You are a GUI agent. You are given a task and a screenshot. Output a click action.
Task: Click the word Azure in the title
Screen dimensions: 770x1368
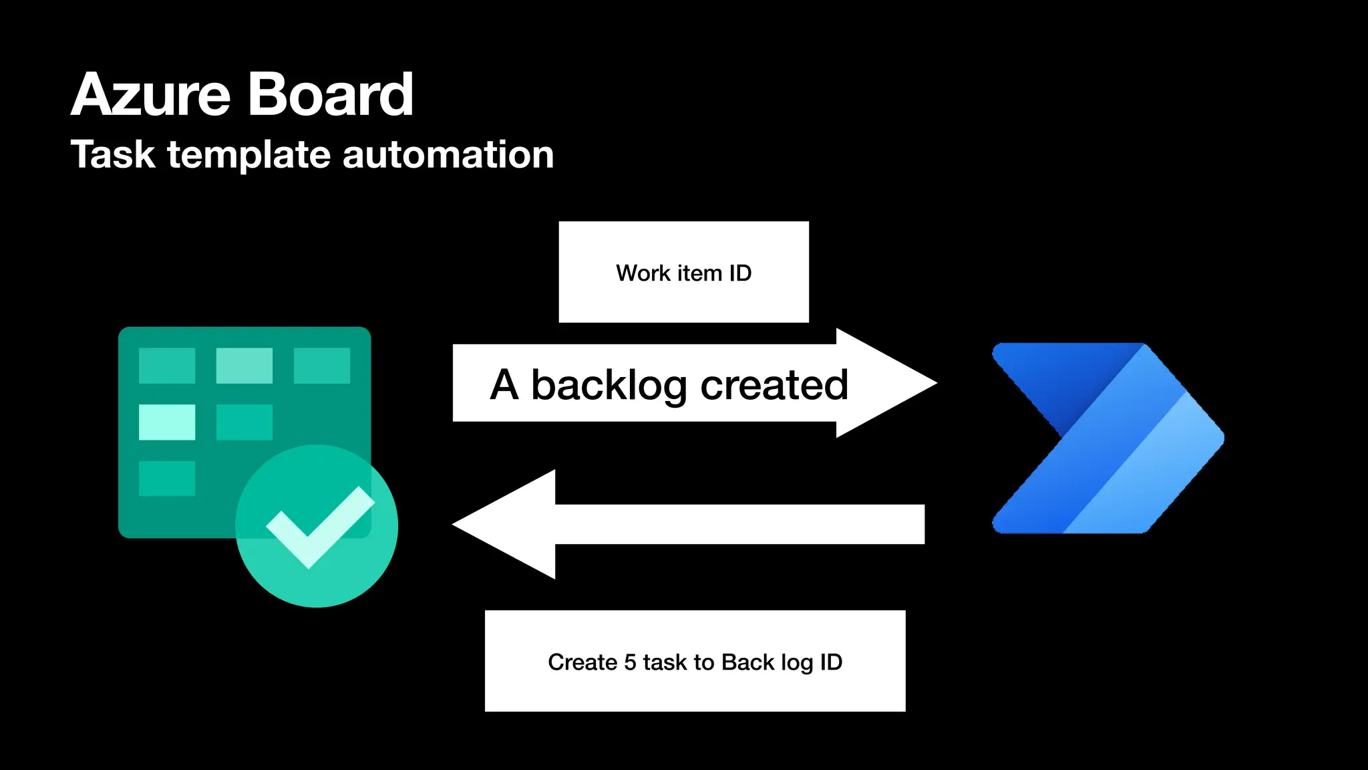point(150,95)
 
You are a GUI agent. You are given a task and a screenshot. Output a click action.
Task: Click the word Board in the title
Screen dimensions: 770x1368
point(331,95)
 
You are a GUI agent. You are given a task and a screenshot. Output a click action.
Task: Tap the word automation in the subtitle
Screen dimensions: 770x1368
point(448,155)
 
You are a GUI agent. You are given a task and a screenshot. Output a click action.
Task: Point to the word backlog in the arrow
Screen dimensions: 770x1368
point(609,386)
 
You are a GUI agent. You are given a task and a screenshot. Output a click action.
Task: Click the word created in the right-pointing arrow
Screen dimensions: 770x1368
point(774,386)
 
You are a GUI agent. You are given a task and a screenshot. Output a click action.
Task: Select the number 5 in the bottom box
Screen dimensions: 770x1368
point(629,662)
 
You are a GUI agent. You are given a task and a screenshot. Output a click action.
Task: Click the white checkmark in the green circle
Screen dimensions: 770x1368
point(319,527)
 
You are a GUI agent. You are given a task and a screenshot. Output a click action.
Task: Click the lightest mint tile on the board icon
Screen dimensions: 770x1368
point(167,422)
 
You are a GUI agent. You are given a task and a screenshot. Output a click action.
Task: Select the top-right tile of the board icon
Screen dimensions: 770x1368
point(321,365)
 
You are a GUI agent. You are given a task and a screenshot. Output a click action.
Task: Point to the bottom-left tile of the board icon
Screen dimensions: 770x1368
point(167,478)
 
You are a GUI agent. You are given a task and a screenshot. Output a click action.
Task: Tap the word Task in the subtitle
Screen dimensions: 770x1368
point(113,155)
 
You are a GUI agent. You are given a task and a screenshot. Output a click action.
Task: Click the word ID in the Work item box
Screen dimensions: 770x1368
point(740,273)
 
